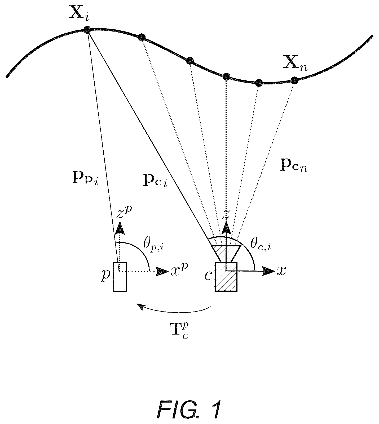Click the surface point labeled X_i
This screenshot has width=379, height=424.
pos(87,30)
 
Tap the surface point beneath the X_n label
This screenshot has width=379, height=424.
pos(294,80)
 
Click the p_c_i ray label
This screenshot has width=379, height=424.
pos(155,180)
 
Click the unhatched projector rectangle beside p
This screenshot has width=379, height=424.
pos(120,277)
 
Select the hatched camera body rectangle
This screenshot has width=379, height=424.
pos(226,277)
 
